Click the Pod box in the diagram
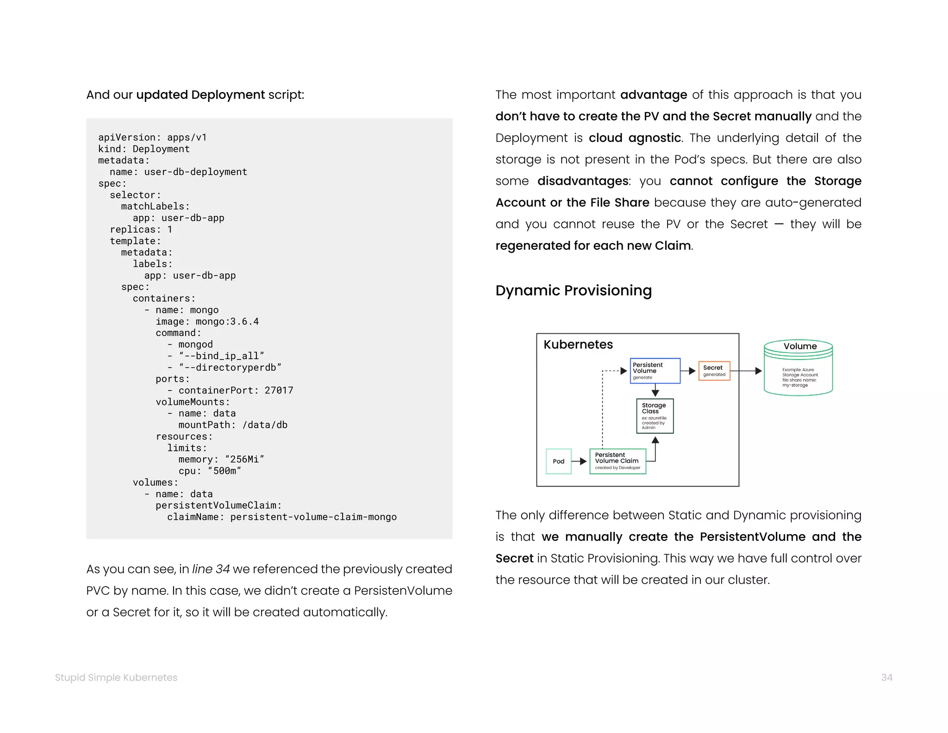pyautogui.click(x=559, y=461)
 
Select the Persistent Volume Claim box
pyautogui.click(x=617, y=461)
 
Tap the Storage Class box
pyautogui.click(x=655, y=416)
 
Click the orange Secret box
pyautogui.click(x=714, y=371)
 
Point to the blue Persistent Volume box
pyautogui.click(x=655, y=371)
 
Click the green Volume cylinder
pyautogui.click(x=798, y=369)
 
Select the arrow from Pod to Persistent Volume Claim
pyautogui.click(x=580, y=461)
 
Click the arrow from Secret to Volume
pyautogui.click(x=746, y=371)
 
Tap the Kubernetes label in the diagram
pyautogui.click(x=578, y=345)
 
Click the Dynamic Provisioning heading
pyautogui.click(x=573, y=291)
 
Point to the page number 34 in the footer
pyautogui.click(x=886, y=677)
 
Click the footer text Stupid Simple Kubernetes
pyautogui.click(x=116, y=677)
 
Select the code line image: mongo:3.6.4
pyautogui.click(x=207, y=322)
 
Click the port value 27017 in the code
pyautogui.click(x=279, y=391)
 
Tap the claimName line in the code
pyautogui.click(x=281, y=517)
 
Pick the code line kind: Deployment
pyautogui.click(x=143, y=149)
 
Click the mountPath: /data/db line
pyautogui.click(x=233, y=425)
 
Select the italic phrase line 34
pyautogui.click(x=211, y=569)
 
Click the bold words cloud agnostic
pyautogui.click(x=634, y=138)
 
